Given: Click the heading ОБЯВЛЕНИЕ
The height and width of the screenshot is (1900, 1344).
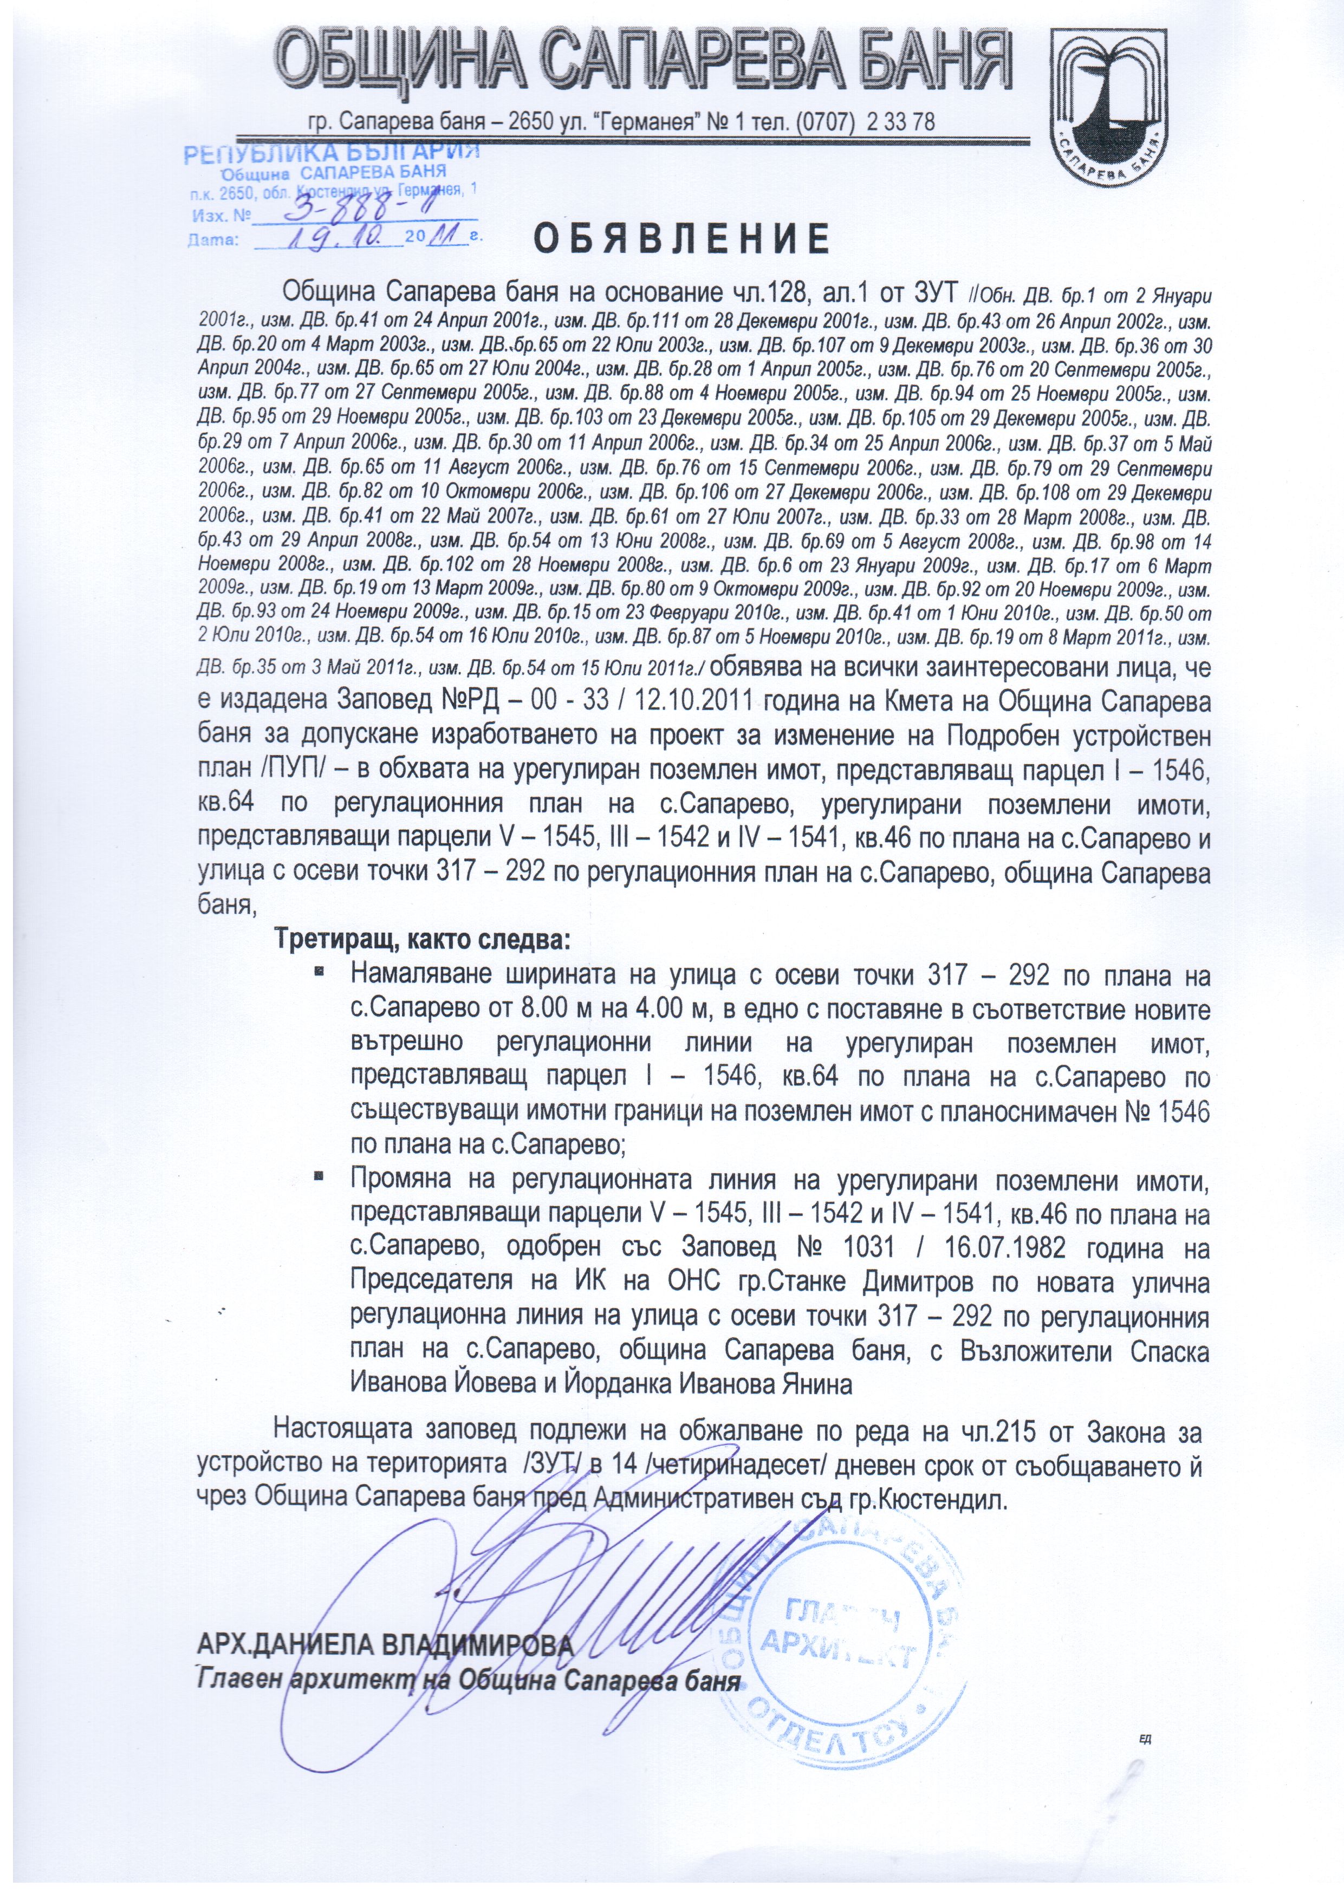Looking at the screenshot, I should click(681, 240).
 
